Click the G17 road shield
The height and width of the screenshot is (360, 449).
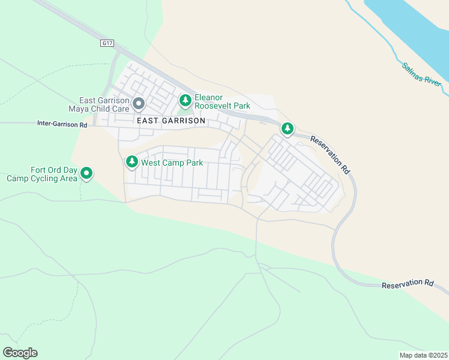pyautogui.click(x=107, y=43)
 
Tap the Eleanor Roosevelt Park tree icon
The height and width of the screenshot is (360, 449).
pyautogui.click(x=185, y=99)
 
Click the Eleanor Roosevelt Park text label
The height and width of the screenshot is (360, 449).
pyautogui.click(x=221, y=101)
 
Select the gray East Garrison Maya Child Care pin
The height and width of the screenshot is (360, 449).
pyautogui.click(x=139, y=104)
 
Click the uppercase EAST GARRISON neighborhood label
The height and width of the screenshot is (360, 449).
pyautogui.click(x=171, y=121)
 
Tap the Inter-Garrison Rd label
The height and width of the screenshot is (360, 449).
pyautogui.click(x=62, y=125)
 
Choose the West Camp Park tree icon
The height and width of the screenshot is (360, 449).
pyautogui.click(x=131, y=162)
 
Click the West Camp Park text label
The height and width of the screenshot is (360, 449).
pyautogui.click(x=172, y=163)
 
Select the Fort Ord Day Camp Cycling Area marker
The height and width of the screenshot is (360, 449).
pyautogui.click(x=86, y=174)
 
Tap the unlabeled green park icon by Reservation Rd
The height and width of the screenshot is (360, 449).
pyautogui.click(x=288, y=128)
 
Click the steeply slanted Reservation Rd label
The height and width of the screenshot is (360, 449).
pyautogui.click(x=330, y=154)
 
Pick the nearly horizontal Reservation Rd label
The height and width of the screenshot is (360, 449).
pyautogui.click(x=407, y=284)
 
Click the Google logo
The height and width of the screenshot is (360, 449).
pyautogui.click(x=20, y=353)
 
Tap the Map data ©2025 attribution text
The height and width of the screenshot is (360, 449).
pyautogui.click(x=423, y=355)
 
